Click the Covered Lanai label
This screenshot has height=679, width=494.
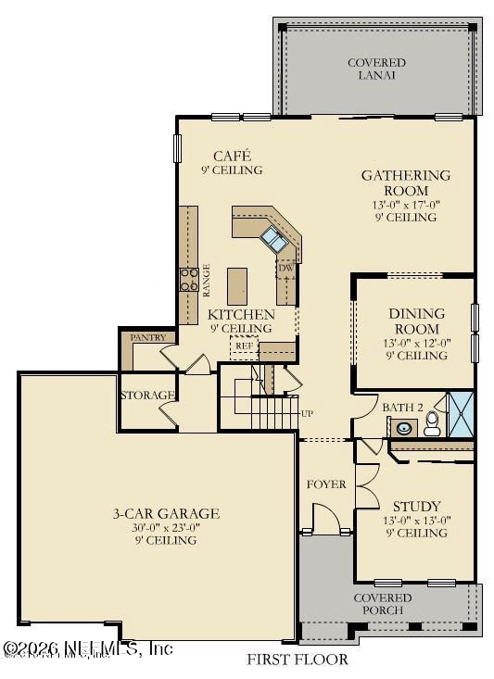(x=376, y=69)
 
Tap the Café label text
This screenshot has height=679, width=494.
(x=232, y=156)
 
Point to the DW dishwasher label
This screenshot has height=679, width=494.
(x=286, y=268)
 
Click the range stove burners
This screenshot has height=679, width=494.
(x=188, y=279)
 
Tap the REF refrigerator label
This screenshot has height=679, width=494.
(x=244, y=346)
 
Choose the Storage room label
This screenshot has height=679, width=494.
(x=147, y=396)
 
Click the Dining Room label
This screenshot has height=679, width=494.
(x=416, y=321)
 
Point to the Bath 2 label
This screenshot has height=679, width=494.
(x=402, y=407)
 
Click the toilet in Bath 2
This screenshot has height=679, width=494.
(x=432, y=425)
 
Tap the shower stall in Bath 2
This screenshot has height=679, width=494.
(x=461, y=413)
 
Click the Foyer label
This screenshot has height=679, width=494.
(x=326, y=484)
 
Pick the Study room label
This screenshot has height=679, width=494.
(x=416, y=506)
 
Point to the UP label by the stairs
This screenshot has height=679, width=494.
(x=307, y=412)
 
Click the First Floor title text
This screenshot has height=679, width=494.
(x=297, y=660)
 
